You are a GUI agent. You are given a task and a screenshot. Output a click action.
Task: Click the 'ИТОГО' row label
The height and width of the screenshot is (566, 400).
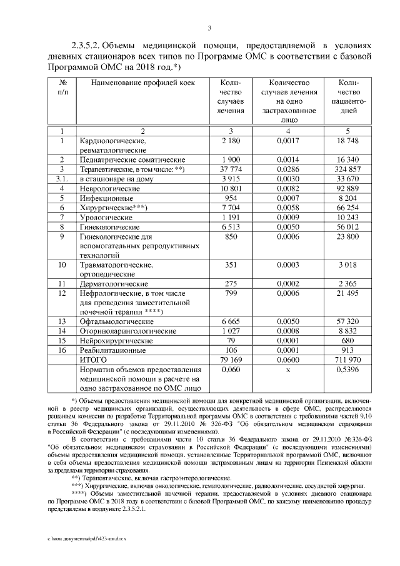coord(93,360)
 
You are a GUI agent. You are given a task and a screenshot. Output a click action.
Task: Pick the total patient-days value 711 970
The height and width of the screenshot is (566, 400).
coord(347,360)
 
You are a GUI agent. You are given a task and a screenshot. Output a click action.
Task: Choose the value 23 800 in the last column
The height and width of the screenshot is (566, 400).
coord(347,237)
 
